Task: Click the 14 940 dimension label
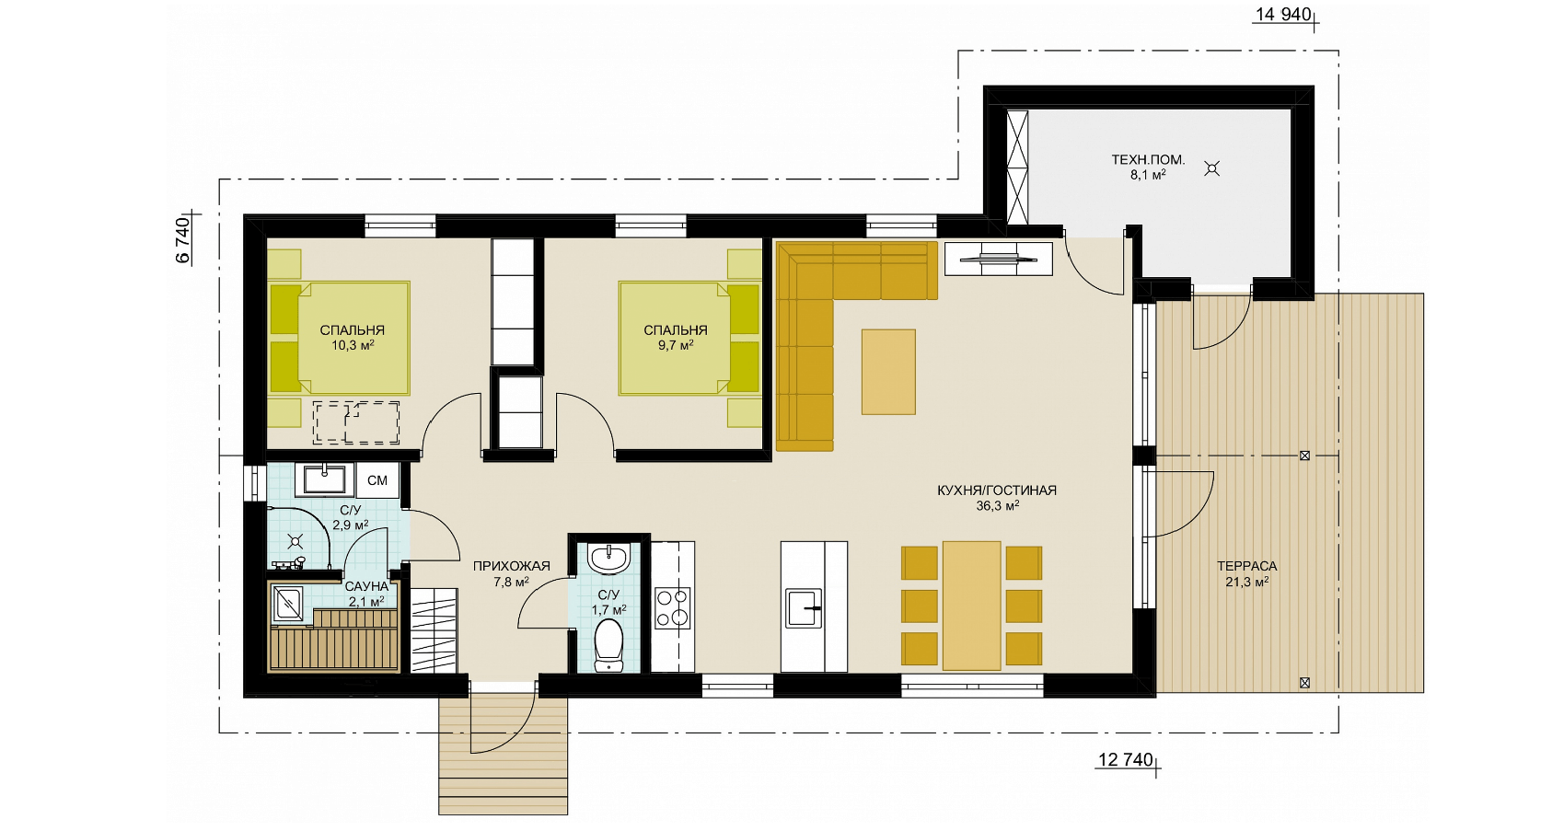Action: pos(1282,14)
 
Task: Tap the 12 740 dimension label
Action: pos(1125,759)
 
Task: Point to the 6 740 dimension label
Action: pos(182,240)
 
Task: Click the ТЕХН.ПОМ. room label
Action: pos(1148,160)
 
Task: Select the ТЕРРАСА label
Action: pos(1246,567)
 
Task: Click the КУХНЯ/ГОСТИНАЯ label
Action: pos(996,491)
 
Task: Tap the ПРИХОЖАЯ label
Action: pos(511,567)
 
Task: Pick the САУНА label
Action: pos(366,586)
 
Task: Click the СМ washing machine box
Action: pos(376,480)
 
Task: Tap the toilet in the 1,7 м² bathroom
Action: pos(609,645)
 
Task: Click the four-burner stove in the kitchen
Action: pos(672,607)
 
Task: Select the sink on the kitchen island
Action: pos(803,607)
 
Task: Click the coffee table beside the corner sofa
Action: pos(888,372)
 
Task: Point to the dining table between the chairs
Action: pos(971,606)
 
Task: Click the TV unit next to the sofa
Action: pos(999,259)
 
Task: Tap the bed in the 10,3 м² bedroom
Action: pos(340,338)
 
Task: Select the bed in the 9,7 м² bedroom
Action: pos(689,338)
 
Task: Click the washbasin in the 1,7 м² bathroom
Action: pos(609,559)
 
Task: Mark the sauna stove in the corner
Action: pos(287,604)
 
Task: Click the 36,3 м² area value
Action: pos(997,505)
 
